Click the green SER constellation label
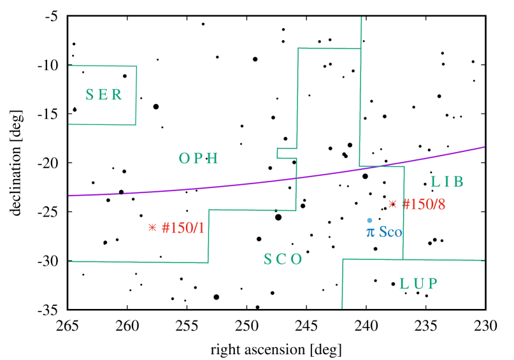(104, 95)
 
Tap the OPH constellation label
(199, 159)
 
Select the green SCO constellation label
(283, 259)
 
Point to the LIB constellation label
(447, 182)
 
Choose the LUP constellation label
(418, 284)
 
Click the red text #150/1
(183, 227)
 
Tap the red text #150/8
(424, 205)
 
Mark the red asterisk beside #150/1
(152, 227)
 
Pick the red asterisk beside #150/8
(392, 204)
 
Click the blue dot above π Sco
(369, 220)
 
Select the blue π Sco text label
(384, 232)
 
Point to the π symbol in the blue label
(370, 233)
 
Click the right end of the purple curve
(484, 147)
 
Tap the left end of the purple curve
(69, 195)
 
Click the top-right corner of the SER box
(136, 66)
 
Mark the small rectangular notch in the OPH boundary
(278, 153)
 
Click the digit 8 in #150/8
(441, 205)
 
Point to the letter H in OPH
(214, 159)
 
